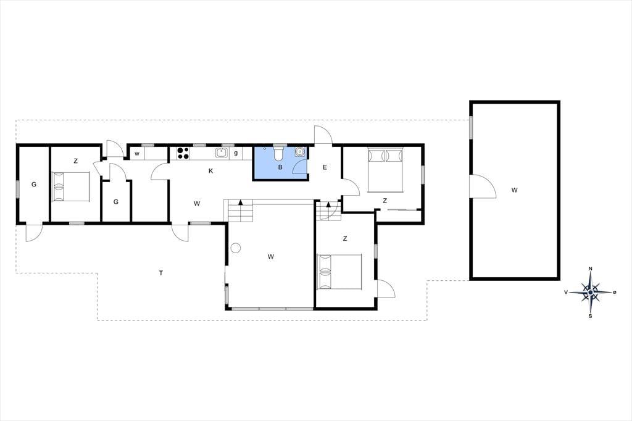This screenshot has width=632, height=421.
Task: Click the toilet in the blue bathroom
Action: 278,153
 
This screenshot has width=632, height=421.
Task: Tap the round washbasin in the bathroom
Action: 299,152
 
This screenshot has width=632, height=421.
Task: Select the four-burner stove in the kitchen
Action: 183,153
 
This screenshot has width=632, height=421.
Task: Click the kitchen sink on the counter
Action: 221,153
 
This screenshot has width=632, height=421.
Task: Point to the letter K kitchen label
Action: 210,171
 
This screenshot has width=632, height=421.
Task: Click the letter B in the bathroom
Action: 280,167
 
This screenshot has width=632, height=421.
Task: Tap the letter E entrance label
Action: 325,167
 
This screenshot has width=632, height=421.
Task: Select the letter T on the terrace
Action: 161,273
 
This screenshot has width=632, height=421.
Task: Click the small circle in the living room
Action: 235,248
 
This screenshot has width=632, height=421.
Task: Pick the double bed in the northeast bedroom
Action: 386,170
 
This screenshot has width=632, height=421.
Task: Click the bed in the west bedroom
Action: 70,186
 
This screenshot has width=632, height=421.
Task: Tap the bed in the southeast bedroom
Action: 339,272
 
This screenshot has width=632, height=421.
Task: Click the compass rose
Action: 591,292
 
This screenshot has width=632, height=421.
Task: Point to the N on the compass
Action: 591,269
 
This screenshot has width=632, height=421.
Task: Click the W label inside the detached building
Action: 514,190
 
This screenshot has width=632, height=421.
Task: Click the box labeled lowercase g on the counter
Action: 236,153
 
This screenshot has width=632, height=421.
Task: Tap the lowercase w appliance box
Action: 137,154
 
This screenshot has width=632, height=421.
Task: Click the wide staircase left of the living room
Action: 238,211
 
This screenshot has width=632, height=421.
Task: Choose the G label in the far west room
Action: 34,185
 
